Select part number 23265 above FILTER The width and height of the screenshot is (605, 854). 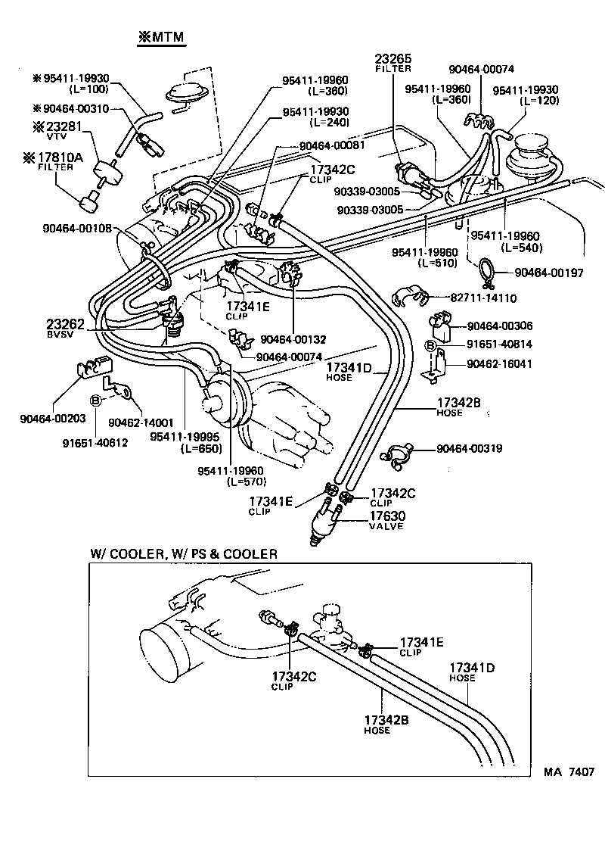tap(392, 59)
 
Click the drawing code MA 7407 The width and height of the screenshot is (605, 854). tap(567, 772)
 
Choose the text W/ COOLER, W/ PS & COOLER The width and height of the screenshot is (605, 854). tap(184, 554)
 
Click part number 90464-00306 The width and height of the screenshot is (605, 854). tap(500, 326)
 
